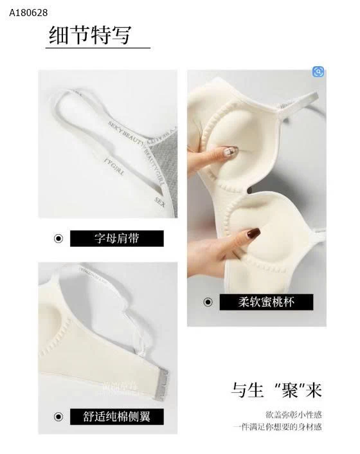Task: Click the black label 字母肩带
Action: coord(116,239)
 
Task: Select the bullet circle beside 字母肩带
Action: coord(58,239)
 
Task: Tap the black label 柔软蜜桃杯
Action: coord(266,302)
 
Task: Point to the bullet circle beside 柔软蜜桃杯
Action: coord(208,302)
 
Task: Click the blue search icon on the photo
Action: coord(318,72)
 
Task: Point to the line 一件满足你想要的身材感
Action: coord(278,427)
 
